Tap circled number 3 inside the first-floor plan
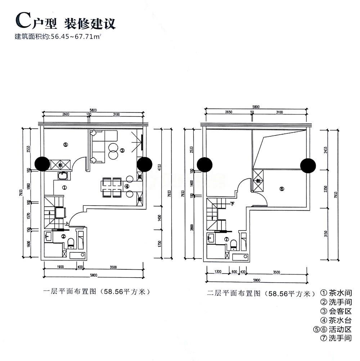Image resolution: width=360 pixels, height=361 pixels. [x=122, y=150]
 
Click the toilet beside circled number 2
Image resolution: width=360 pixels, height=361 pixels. [x=71, y=242]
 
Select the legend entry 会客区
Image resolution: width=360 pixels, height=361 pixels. [x=335, y=311]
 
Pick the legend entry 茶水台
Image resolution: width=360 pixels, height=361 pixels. [x=335, y=320]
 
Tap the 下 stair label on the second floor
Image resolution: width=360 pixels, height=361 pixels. [x=233, y=204]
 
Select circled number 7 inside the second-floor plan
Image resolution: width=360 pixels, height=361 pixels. [x=226, y=239]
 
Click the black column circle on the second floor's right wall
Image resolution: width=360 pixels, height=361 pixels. [x=308, y=165]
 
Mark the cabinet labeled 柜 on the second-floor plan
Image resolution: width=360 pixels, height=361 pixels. [x=258, y=180]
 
